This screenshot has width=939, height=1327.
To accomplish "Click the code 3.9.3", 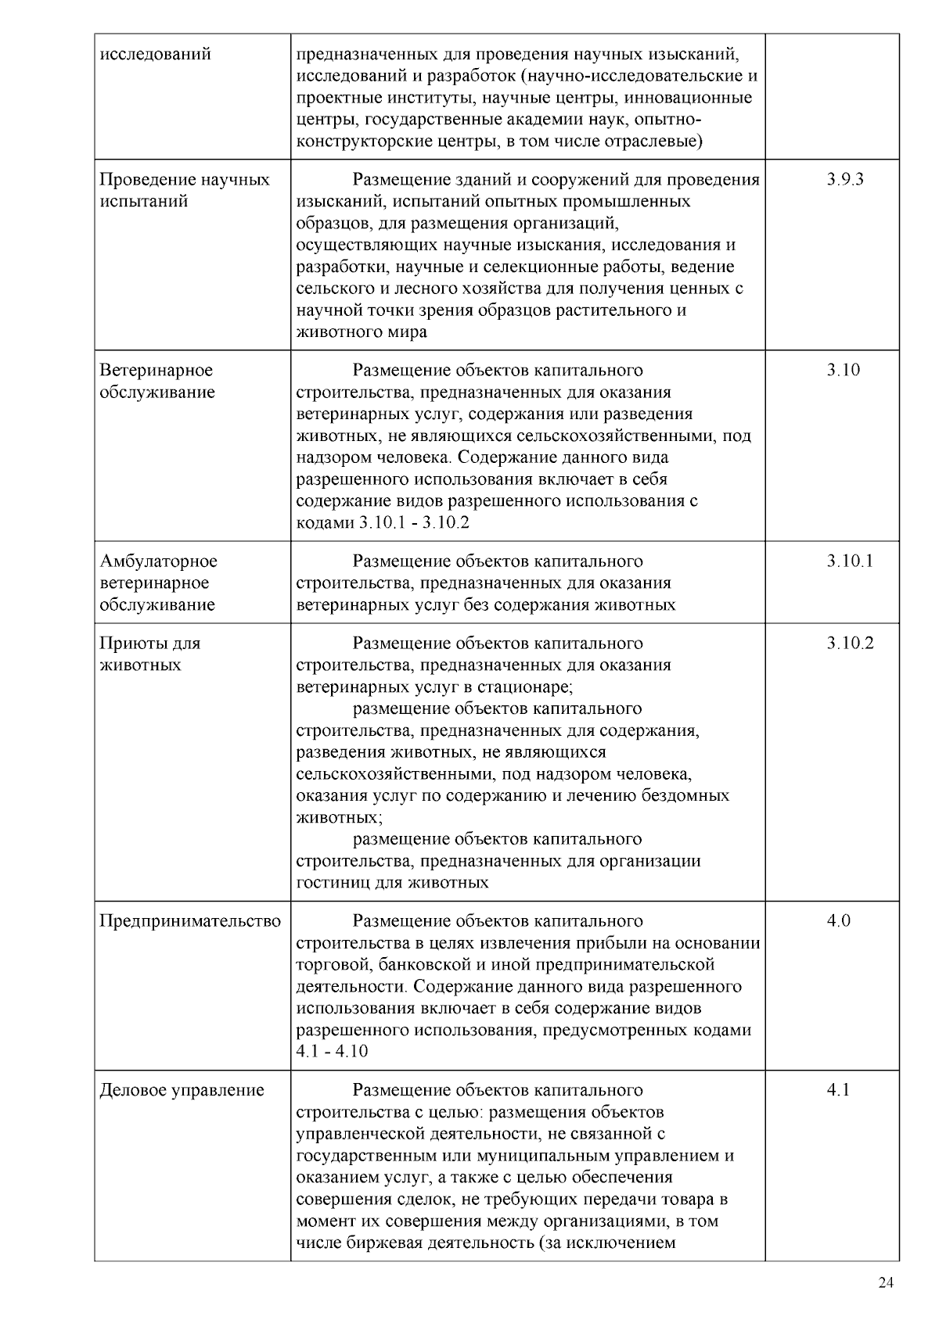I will click(844, 179).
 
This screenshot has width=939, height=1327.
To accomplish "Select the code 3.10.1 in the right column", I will click(849, 561).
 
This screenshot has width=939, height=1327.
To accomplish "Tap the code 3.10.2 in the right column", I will click(849, 643).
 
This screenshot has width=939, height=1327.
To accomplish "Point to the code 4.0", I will click(838, 920).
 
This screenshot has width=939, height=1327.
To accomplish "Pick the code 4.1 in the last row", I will click(838, 1090).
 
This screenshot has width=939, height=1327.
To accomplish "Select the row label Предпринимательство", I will click(190, 921).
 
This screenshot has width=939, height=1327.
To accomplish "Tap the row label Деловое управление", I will click(182, 1090).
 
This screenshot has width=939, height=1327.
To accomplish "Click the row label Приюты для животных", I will click(149, 654).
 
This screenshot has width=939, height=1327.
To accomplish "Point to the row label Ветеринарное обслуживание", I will click(156, 381).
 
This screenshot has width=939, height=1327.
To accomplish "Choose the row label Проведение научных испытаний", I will click(185, 190).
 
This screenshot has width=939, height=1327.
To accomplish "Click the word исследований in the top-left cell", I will click(155, 54).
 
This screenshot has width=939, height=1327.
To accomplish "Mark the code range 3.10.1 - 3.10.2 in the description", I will click(413, 522).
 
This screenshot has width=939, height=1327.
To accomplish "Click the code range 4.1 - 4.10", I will click(332, 1051).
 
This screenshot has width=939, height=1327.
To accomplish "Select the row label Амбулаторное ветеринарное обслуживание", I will click(158, 583).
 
